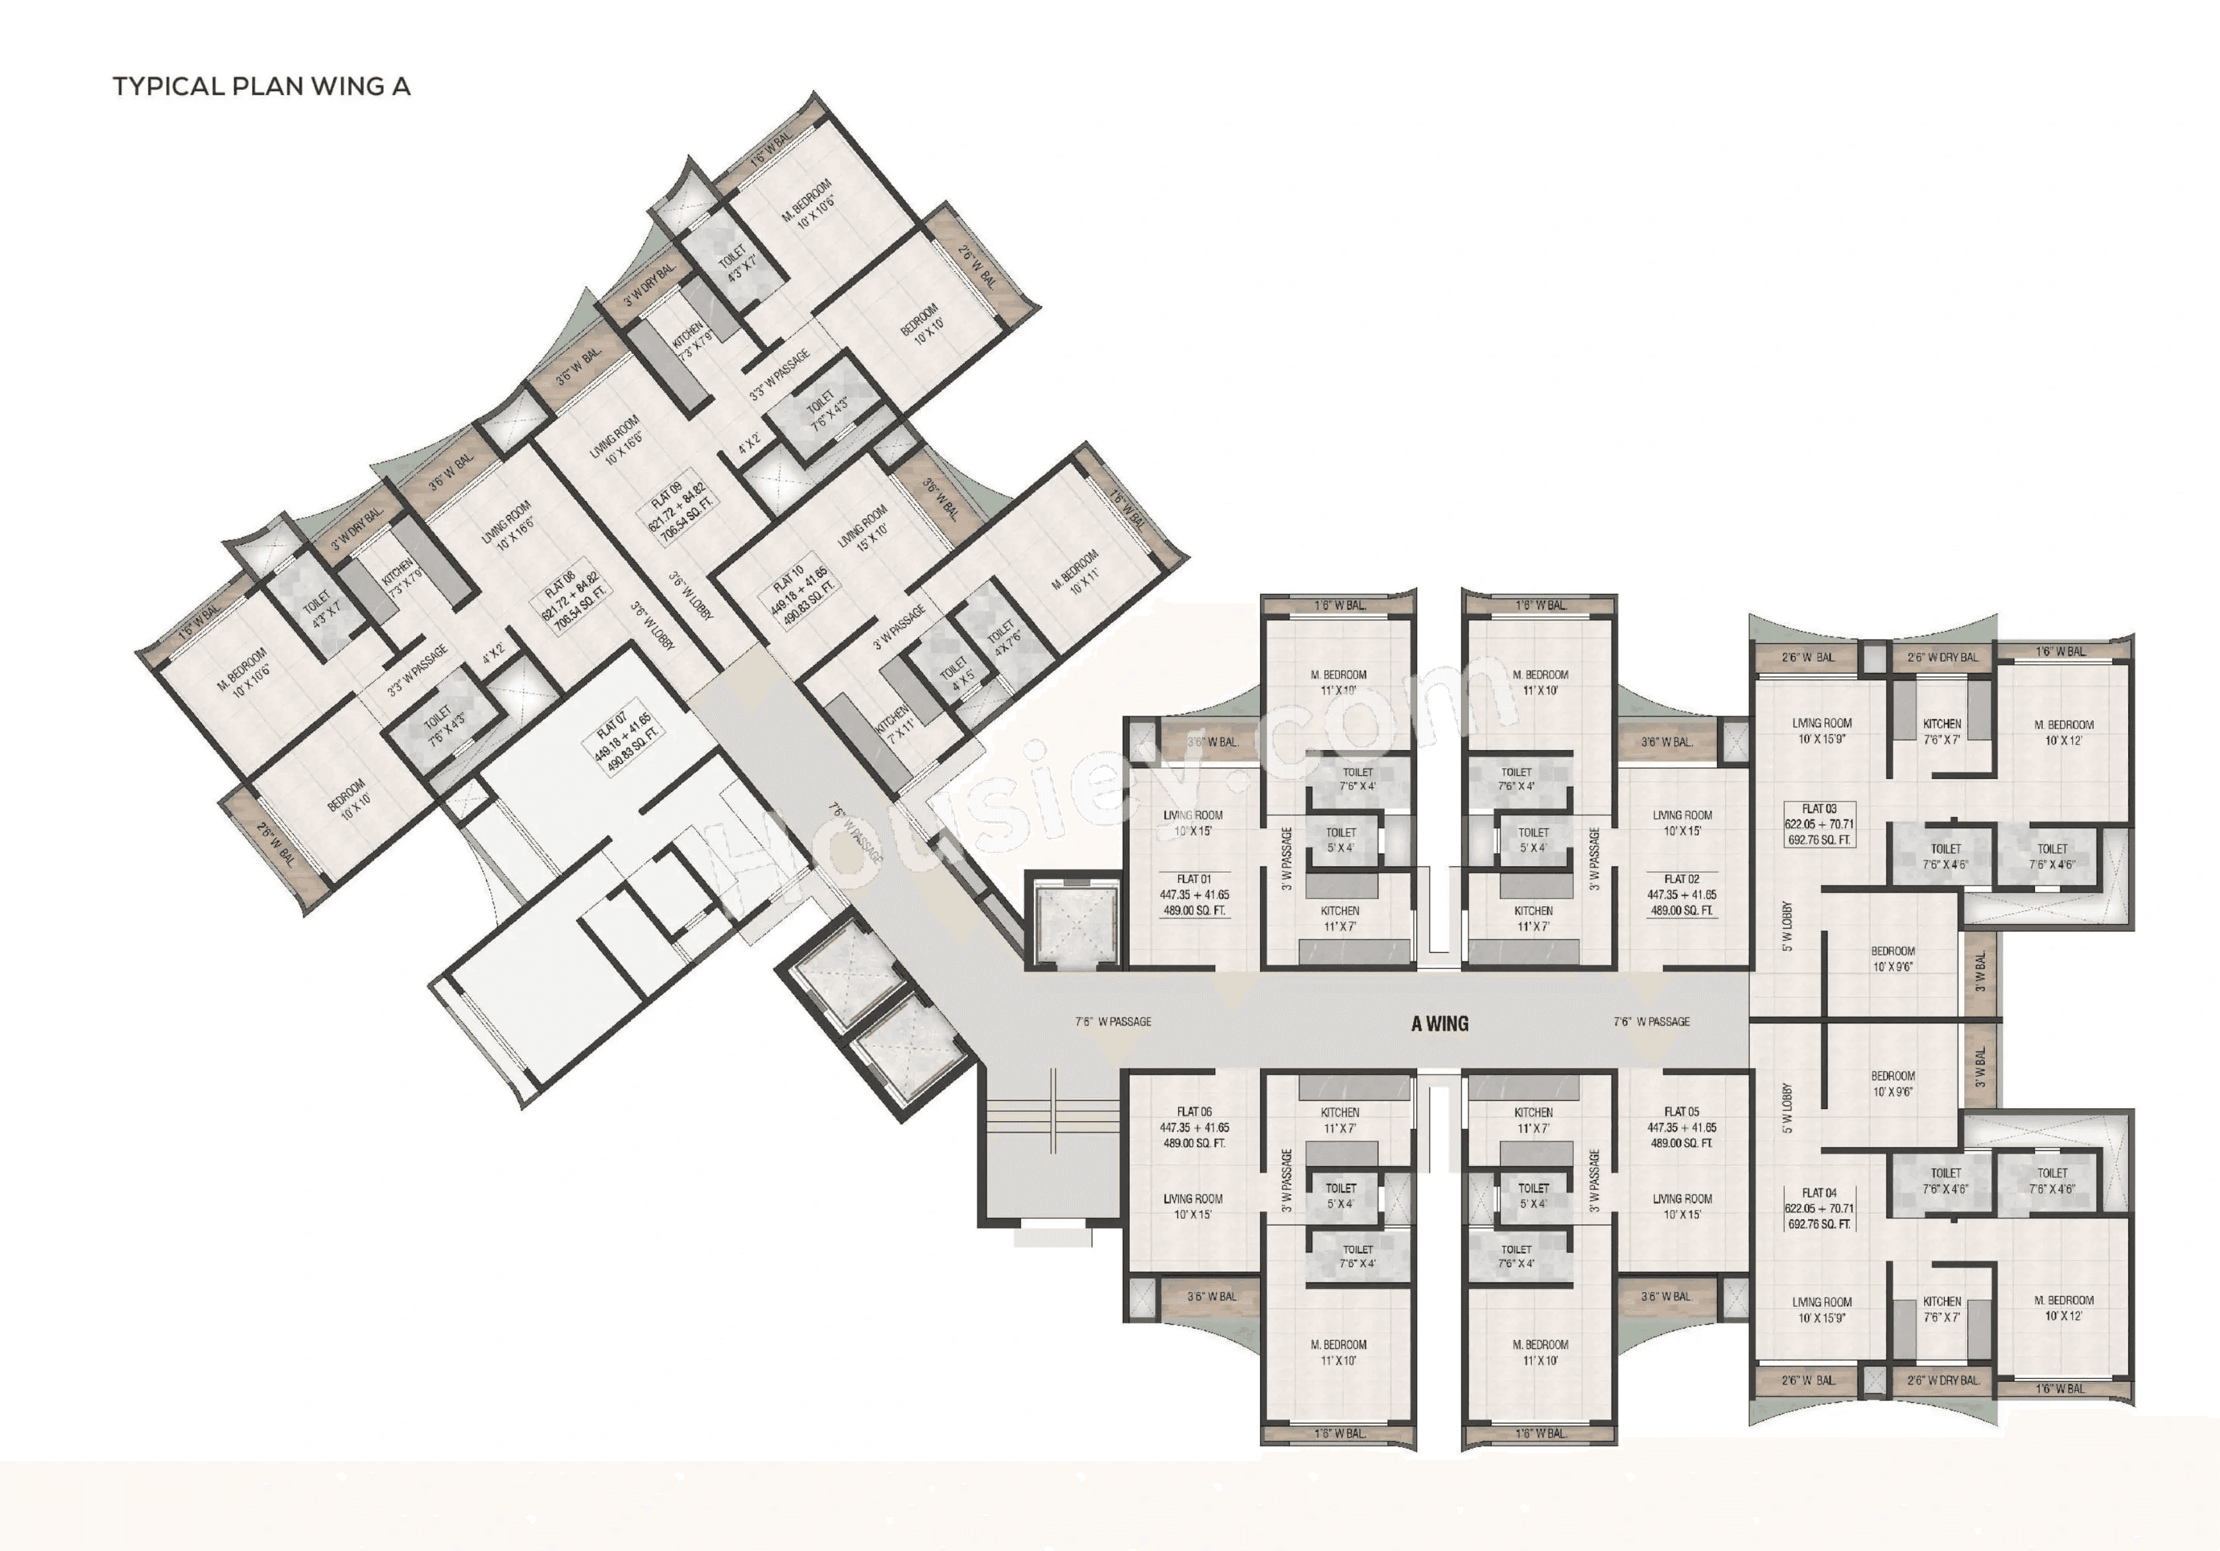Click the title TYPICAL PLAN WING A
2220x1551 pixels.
[261, 86]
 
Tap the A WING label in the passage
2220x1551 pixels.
[1440, 1023]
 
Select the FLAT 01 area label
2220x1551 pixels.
[1194, 895]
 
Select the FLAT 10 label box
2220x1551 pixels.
[799, 593]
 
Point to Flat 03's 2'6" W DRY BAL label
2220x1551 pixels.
[1943, 658]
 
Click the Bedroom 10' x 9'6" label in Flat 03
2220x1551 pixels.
[1892, 958]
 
